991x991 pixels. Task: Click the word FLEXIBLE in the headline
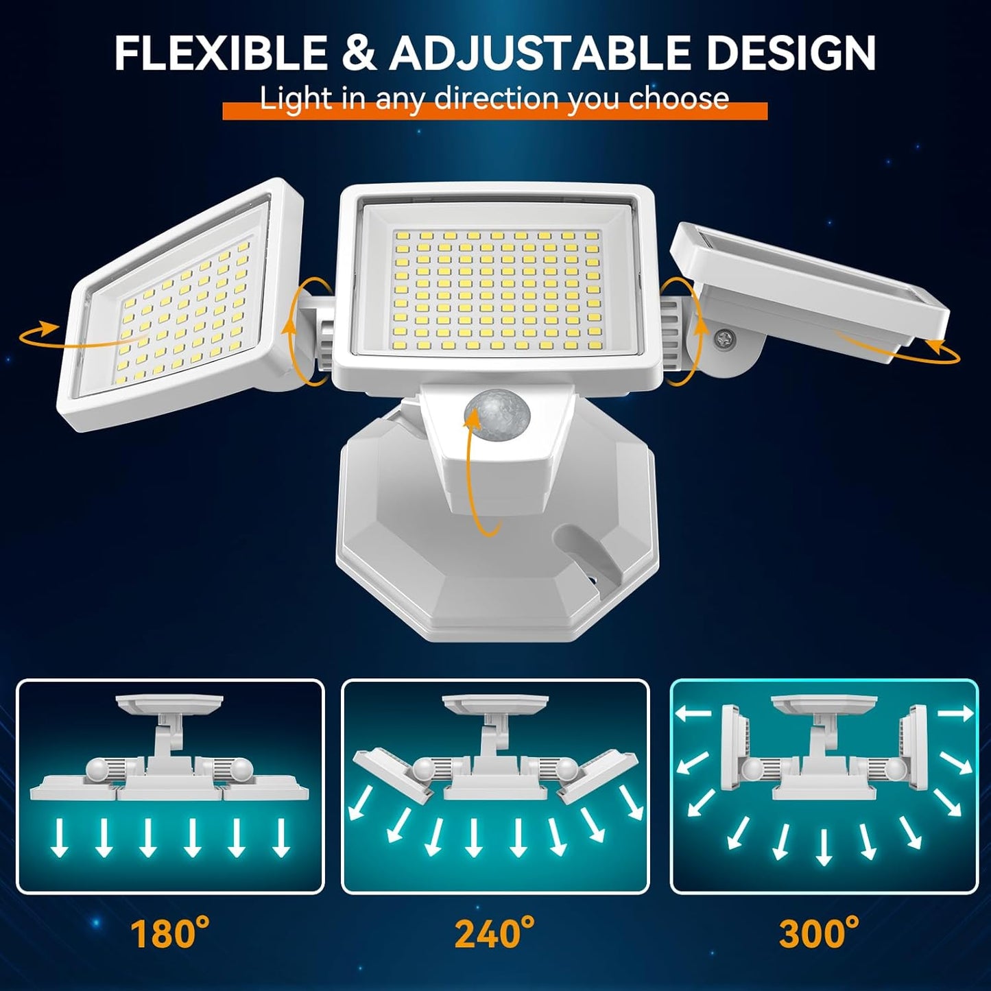coord(221,53)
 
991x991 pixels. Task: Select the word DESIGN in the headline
coord(791,53)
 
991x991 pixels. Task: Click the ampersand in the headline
coord(358,53)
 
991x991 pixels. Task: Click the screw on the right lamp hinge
coord(726,337)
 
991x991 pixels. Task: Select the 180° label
coord(169,933)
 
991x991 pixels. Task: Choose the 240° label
coord(494,933)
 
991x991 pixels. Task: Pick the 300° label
coord(819,933)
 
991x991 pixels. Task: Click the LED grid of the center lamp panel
coord(496,289)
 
